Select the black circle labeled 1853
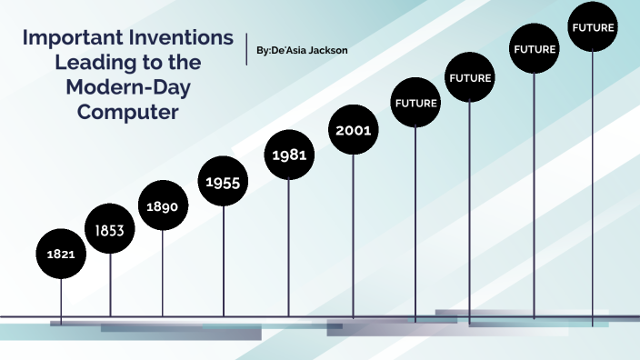pos(110,231)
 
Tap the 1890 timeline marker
pos(163,206)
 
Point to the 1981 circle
pos(288,155)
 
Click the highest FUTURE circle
pos(593,27)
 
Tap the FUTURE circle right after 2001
pos(415,103)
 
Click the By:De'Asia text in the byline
pos(277,49)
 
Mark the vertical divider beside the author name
pos(246,49)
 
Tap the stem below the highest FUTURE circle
pos(593,182)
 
